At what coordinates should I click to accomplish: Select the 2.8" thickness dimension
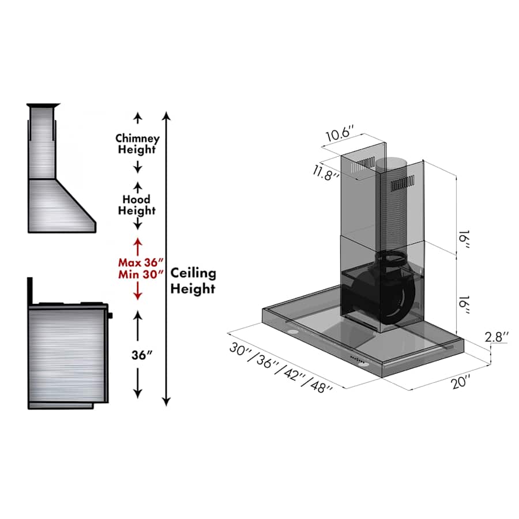click(497, 337)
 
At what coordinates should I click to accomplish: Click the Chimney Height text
click(137, 144)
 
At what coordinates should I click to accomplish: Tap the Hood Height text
click(137, 205)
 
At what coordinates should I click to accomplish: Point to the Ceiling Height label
click(193, 280)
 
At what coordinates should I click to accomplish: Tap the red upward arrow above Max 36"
click(137, 245)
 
